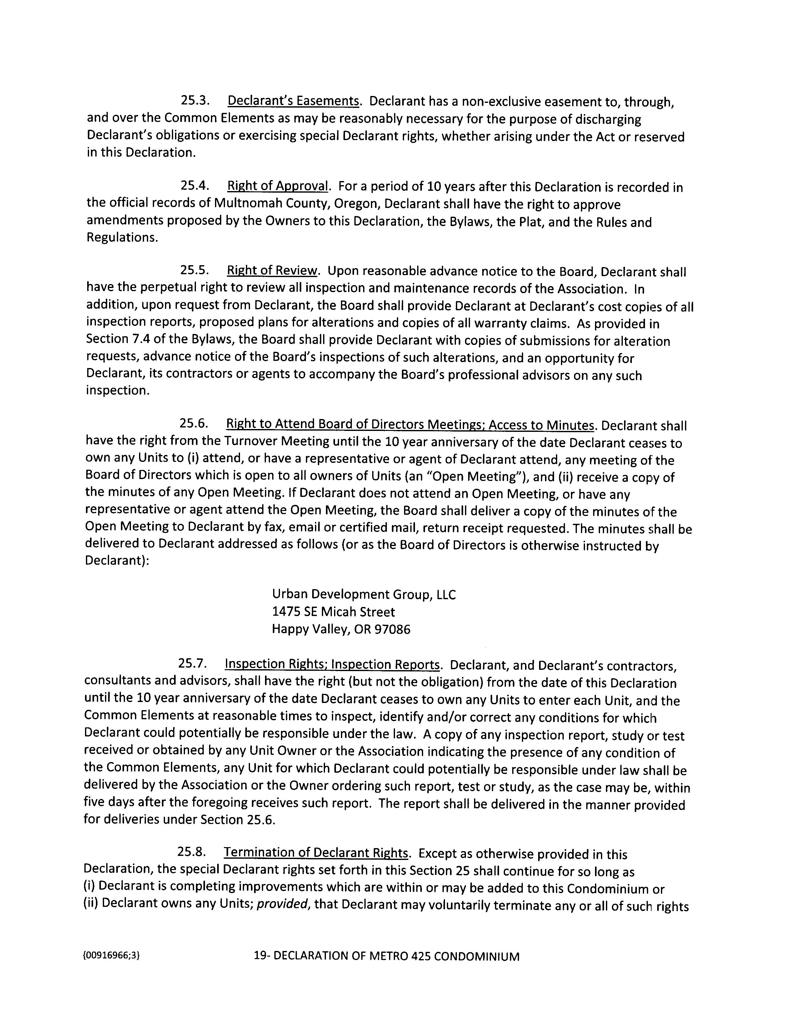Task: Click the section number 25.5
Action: (x=194, y=270)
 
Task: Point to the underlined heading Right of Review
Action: (x=272, y=271)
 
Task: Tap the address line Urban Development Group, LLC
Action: (x=364, y=595)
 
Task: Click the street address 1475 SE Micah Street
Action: (x=333, y=612)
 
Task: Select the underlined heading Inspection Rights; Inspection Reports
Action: (x=332, y=664)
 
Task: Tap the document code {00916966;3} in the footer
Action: (x=111, y=956)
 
